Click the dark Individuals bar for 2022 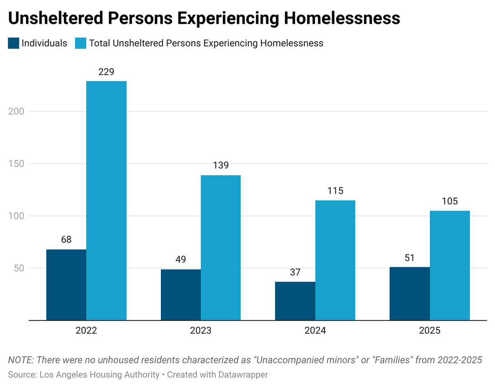[66, 285]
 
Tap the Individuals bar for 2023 [181, 294]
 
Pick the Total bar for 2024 [335, 260]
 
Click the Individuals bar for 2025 [410, 293]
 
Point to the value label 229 [106, 72]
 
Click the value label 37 [295, 273]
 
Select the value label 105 [450, 202]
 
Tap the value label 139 [221, 166]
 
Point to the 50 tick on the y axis [19, 268]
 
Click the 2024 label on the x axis [315, 331]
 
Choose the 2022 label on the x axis [86, 331]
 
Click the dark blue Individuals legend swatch [14, 43]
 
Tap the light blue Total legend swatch [80, 43]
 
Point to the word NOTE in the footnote [20, 360]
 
